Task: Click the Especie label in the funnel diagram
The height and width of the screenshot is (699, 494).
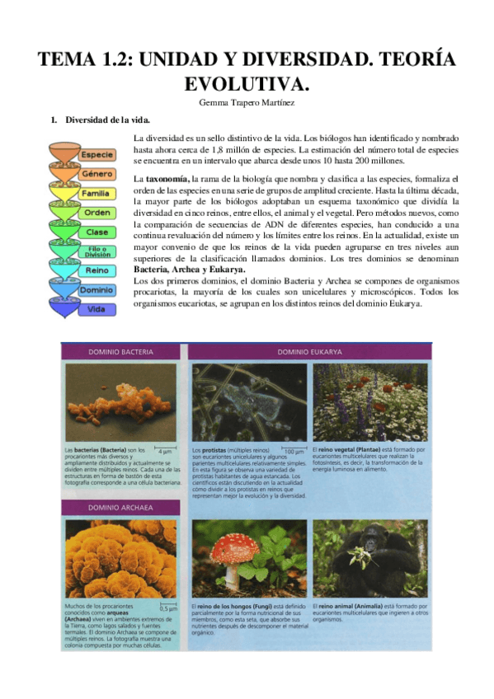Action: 96,155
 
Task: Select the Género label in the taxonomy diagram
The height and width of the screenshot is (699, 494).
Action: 96,174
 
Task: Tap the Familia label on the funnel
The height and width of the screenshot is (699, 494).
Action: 96,193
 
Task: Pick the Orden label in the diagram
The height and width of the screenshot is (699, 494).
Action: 97,212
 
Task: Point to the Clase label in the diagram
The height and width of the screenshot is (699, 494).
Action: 97,232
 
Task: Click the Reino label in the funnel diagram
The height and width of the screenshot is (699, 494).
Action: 97,270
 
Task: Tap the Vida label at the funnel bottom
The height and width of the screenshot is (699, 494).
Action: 97,309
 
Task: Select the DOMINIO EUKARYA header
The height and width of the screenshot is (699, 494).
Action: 309,352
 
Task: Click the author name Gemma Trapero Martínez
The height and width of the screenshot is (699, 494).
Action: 247,102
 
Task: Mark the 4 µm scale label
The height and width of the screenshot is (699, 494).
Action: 164,452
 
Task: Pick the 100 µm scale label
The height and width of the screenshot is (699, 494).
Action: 293,452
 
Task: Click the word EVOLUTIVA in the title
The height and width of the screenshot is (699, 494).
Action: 247,83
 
